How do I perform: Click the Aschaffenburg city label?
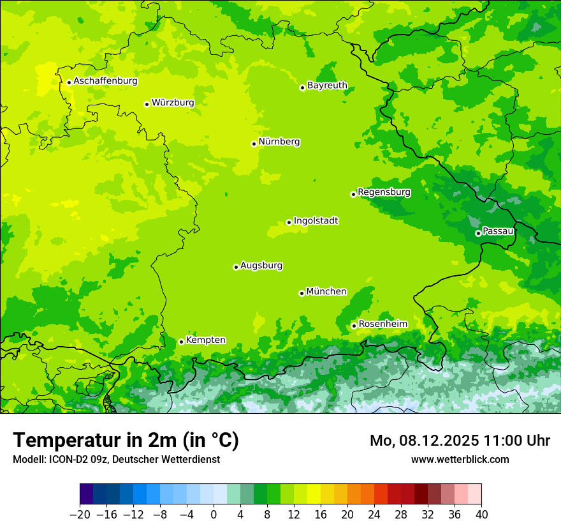coord(105,81)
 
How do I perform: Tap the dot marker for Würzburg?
coord(147,104)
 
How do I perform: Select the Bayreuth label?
coord(327,86)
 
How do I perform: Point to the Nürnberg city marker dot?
coord(254,144)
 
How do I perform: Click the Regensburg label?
coord(384,192)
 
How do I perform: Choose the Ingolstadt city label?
coord(316,221)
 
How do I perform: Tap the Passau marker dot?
coord(478,233)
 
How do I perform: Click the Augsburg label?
coord(261,266)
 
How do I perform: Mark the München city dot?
coord(302,293)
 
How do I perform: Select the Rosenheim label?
coord(382,324)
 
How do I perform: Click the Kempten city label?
coord(205,340)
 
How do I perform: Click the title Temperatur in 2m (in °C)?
coord(126,441)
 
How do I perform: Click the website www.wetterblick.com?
coord(460,459)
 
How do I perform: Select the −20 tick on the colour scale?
coord(80,515)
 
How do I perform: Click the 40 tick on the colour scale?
coord(481,515)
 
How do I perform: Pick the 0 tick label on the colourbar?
coord(214,515)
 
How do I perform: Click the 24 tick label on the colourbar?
coord(374,515)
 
